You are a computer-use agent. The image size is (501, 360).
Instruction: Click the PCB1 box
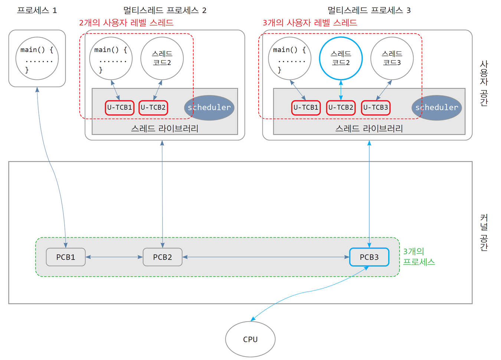(x=66, y=257)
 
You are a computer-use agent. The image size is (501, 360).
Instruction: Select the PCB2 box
(x=163, y=257)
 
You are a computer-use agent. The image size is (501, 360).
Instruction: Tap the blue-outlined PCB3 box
(x=369, y=257)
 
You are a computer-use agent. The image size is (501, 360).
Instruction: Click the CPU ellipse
(x=250, y=339)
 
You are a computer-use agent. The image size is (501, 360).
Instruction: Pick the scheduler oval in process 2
(x=209, y=108)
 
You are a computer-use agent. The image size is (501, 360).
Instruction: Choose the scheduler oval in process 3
(x=436, y=108)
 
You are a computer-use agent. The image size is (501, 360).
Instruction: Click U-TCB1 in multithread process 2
(x=119, y=108)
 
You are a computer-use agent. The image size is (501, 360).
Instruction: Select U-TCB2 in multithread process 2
(x=153, y=108)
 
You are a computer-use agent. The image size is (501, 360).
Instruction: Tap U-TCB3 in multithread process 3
(x=376, y=108)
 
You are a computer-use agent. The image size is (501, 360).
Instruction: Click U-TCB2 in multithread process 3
(x=341, y=108)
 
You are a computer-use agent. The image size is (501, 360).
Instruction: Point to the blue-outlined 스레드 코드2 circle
(x=341, y=58)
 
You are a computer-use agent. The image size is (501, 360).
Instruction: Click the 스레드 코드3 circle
(x=392, y=58)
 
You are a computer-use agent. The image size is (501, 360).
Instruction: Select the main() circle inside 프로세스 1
(x=37, y=58)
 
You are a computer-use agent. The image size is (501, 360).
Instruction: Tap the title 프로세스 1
(x=37, y=10)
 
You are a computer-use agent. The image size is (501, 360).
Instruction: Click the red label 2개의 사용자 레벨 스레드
(x=127, y=23)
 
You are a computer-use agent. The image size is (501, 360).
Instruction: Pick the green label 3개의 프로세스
(x=419, y=256)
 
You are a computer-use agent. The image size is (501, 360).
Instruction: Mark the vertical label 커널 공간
(x=484, y=232)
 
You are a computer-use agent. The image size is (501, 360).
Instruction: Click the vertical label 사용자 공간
(x=484, y=83)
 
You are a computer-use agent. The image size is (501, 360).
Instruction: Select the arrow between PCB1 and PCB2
(x=114, y=257)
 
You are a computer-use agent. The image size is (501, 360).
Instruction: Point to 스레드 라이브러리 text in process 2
(x=165, y=128)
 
